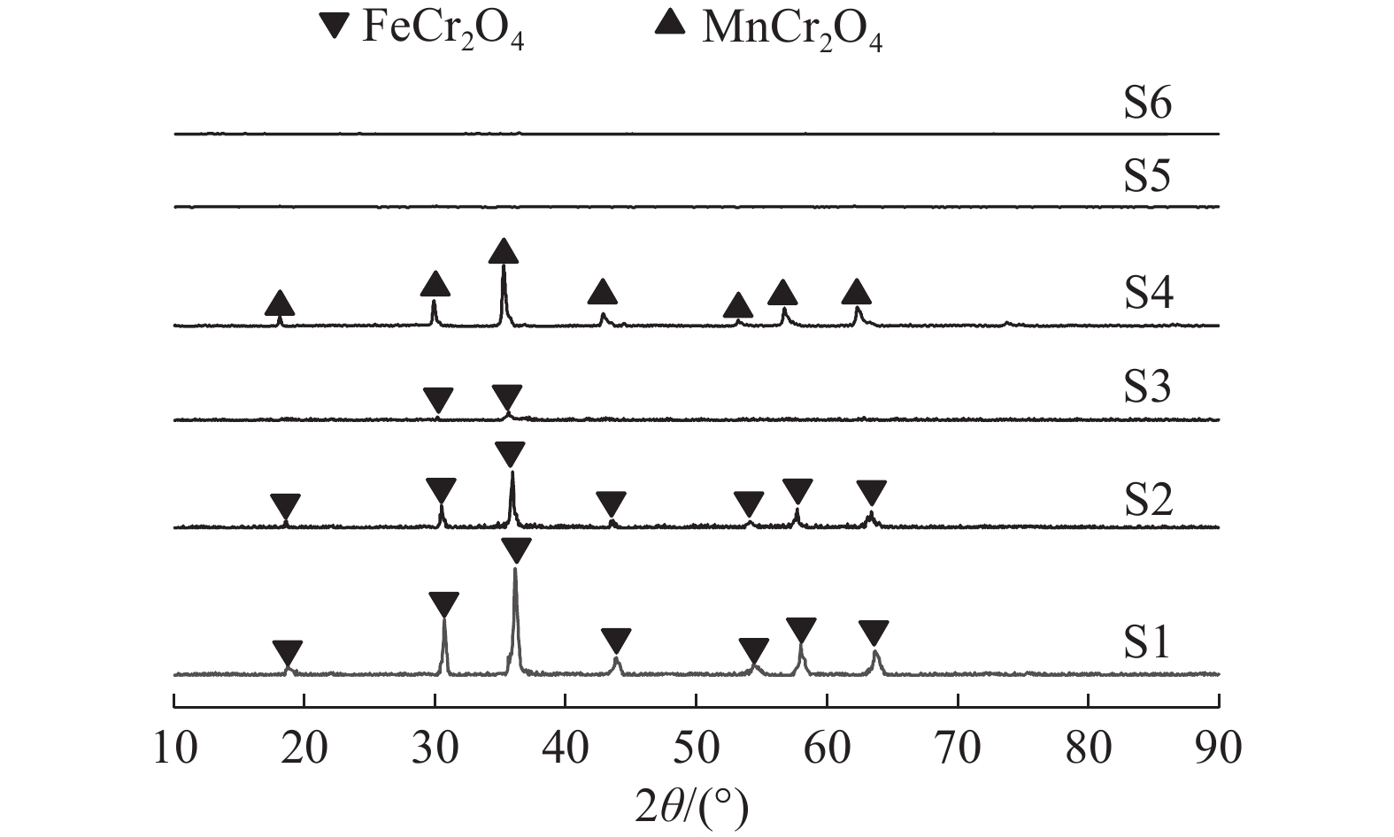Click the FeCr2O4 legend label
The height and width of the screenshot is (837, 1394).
pos(443,28)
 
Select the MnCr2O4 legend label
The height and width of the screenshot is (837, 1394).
pos(792,28)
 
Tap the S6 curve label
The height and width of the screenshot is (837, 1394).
pos(1148,103)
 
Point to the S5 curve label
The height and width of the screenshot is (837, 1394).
pos(1147,175)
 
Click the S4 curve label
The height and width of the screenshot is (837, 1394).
pos(1148,293)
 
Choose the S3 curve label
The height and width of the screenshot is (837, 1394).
pos(1147,387)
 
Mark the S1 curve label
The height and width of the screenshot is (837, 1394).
pos(1146,642)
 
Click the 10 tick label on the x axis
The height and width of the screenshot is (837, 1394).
pos(175,748)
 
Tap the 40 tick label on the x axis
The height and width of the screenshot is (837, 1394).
pos(565,748)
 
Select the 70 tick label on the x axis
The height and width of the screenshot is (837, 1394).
pos(958,748)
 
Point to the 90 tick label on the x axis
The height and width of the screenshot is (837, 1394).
pos(1219,748)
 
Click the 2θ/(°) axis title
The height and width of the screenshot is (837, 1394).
pos(691,807)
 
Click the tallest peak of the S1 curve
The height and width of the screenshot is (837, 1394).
pos(515,569)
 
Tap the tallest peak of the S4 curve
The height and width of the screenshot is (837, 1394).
pos(504,266)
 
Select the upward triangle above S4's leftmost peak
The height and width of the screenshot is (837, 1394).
pos(280,304)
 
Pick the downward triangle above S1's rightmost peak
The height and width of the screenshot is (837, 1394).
pos(874,633)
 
